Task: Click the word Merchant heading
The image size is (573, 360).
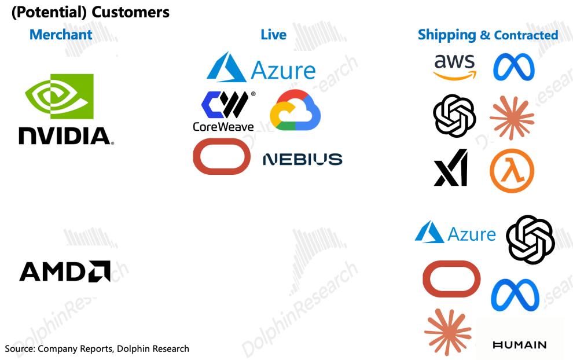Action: click(x=61, y=35)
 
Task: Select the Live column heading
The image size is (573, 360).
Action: click(x=273, y=35)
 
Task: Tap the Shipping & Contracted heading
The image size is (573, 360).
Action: click(x=488, y=35)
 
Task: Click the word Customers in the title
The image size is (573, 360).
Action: click(x=130, y=12)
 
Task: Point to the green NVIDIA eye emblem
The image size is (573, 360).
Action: click(x=59, y=97)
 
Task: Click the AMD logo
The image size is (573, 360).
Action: click(x=65, y=271)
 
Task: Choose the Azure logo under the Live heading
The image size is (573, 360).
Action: click(x=261, y=67)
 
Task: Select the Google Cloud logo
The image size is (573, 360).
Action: click(x=295, y=110)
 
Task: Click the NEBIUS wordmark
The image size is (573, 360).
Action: click(x=303, y=159)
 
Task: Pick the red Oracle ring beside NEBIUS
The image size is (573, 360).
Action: click(x=222, y=156)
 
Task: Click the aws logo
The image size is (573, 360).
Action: click(x=455, y=67)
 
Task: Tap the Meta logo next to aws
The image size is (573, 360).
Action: click(x=513, y=67)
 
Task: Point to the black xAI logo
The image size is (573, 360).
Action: click(x=451, y=167)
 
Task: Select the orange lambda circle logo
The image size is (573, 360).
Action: click(x=512, y=171)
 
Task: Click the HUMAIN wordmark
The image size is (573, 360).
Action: click(x=519, y=344)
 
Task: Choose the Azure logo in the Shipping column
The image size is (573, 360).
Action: click(x=456, y=232)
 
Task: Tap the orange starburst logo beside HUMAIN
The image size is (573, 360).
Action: click(x=447, y=332)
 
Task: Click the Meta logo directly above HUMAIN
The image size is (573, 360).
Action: click(x=515, y=295)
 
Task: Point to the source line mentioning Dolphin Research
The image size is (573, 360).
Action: click(x=97, y=348)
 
